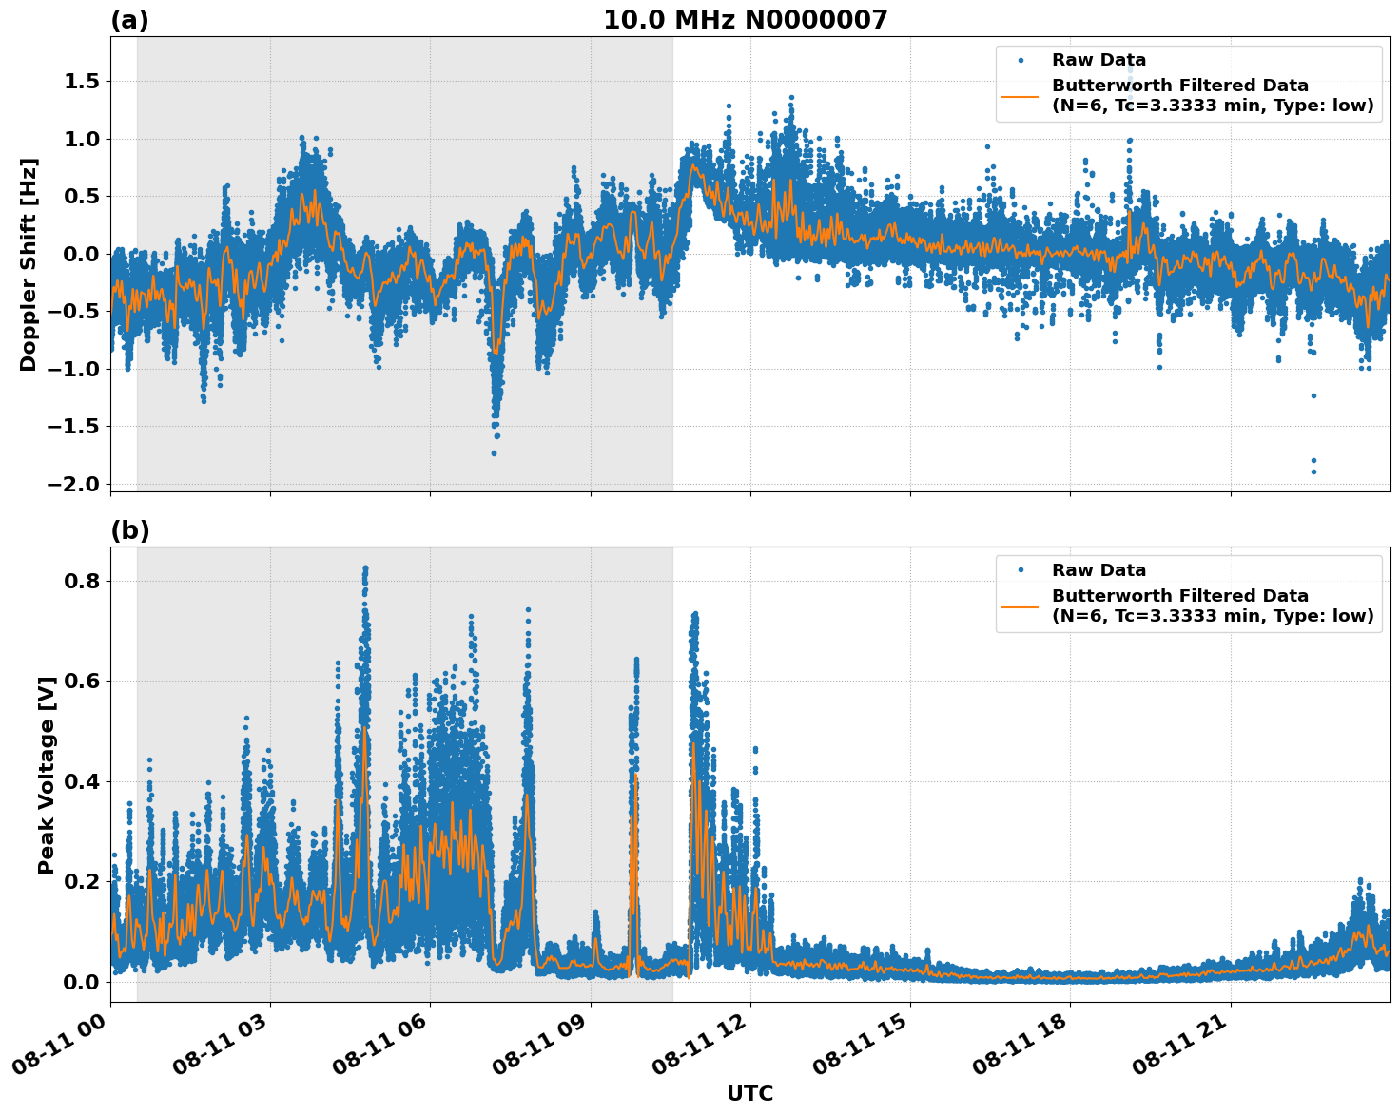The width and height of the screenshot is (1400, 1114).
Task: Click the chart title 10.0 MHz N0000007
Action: pos(745,20)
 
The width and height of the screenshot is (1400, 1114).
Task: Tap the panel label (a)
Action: pos(129,20)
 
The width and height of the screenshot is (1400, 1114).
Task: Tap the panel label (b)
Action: pos(129,530)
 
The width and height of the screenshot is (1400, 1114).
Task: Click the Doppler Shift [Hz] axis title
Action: pos(29,264)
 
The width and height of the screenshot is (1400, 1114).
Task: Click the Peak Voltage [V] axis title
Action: pos(47,775)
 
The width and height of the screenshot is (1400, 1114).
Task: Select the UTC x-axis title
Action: pos(749,1093)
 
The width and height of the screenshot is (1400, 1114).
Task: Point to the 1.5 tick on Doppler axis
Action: pos(81,82)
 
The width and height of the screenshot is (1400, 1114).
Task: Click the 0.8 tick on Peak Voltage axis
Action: pos(81,581)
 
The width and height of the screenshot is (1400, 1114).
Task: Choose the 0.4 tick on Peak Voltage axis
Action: pos(81,781)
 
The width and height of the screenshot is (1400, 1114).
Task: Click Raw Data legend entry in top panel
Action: pos(1099,61)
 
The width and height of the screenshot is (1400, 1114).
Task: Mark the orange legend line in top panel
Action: pos(1020,95)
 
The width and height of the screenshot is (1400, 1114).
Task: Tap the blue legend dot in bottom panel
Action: pos(1020,570)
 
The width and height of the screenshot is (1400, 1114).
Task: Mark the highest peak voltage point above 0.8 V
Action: pos(364,568)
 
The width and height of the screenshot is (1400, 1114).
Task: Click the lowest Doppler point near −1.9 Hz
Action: pos(1313,471)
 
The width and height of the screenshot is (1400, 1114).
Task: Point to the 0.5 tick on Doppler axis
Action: pos(81,197)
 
